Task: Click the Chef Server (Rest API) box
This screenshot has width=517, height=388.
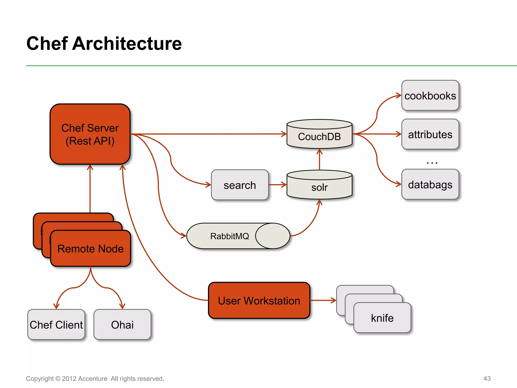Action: [90, 134]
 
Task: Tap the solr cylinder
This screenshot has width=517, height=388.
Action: [319, 187]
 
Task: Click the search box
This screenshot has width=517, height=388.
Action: [240, 185]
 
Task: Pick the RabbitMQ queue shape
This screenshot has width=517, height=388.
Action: [230, 236]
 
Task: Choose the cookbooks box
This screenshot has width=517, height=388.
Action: [430, 95]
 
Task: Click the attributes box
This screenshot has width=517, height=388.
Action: [430, 134]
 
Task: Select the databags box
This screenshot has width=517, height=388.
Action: [430, 184]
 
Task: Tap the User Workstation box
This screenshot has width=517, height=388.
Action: [259, 301]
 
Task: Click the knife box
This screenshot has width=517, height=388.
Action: [382, 318]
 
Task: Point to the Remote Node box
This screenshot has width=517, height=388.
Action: [90, 249]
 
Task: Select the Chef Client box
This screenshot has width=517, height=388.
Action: [56, 325]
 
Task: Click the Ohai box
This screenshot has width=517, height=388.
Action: [122, 325]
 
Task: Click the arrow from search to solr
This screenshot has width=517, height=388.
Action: [277, 185]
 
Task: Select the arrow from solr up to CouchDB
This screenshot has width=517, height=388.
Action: [320, 160]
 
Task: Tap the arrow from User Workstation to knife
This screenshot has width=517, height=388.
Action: [323, 300]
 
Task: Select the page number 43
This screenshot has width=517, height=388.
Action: [487, 378]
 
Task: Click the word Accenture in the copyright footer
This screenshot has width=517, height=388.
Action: [93, 379]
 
